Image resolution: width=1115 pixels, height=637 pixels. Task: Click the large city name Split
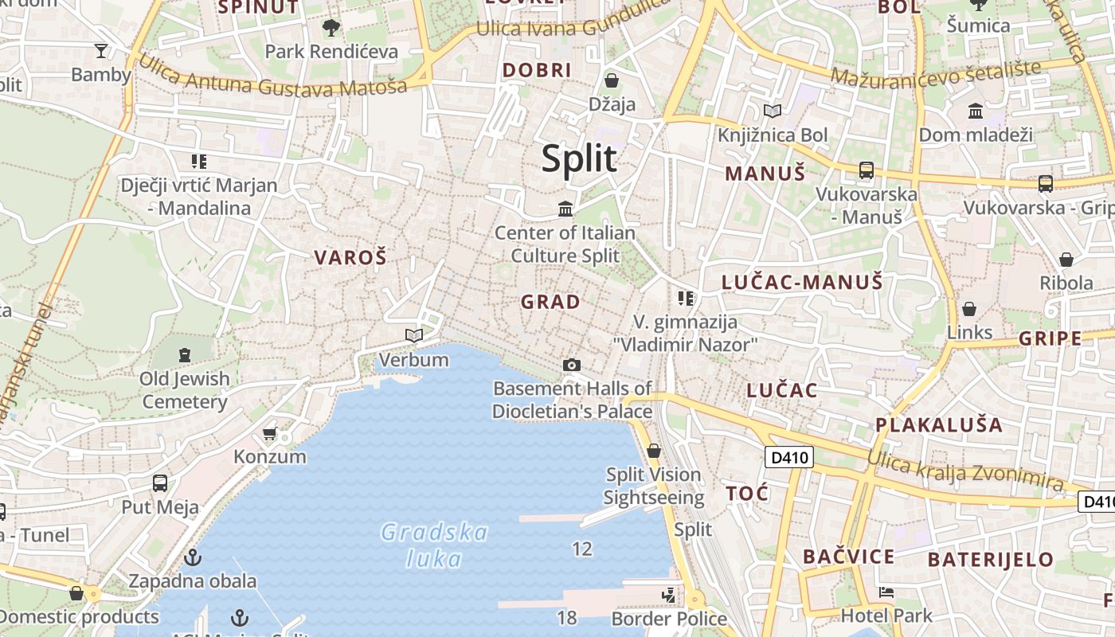point(579,158)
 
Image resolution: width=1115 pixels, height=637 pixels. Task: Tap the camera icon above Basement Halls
point(571,365)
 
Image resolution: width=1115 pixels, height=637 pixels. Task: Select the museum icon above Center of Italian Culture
point(565,209)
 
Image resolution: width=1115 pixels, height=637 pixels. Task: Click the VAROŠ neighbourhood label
point(350,257)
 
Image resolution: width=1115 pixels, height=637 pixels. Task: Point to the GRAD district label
point(550,302)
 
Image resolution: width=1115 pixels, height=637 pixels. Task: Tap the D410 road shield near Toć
point(789,457)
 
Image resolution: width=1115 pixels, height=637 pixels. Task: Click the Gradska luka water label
point(434,545)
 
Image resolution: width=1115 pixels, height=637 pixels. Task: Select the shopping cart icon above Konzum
point(270,434)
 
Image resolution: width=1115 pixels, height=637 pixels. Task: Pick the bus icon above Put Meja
point(160,483)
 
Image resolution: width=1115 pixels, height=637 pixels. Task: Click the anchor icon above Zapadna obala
point(192,557)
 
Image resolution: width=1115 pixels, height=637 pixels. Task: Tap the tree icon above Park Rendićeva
point(331,29)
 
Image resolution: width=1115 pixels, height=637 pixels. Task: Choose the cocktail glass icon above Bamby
point(100,52)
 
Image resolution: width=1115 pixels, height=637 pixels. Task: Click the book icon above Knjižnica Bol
point(772,111)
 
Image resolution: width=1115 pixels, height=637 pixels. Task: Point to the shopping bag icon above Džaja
point(612,80)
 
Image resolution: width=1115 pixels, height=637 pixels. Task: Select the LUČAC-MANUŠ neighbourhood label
point(802,282)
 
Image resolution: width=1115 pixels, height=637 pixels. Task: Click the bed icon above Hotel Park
point(886,592)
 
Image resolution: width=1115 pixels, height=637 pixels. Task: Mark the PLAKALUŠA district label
point(939,424)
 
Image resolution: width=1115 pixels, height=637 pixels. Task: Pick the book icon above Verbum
point(413,336)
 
